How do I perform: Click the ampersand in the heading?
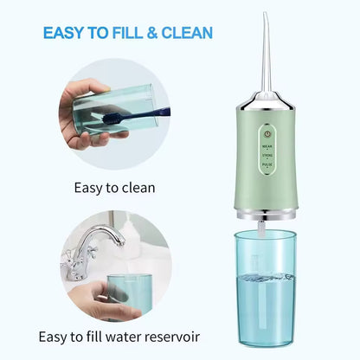(x=164, y=34)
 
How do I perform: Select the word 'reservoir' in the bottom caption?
(x=174, y=336)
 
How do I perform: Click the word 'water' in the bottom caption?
(x=118, y=336)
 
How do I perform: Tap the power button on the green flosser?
(x=267, y=134)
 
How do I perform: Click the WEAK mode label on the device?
(x=267, y=149)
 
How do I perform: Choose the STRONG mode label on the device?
(x=267, y=160)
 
